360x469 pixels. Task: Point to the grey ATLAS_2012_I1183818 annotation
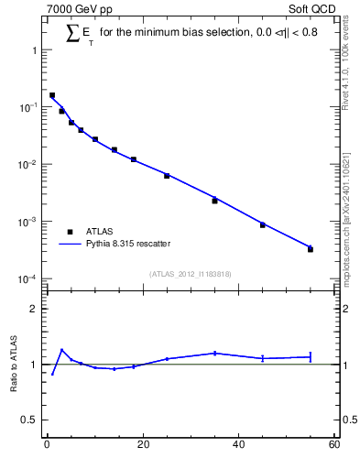[x=191, y=273]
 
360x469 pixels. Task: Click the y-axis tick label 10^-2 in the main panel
[x=31, y=165]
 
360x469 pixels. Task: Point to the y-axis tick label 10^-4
[x=31, y=279]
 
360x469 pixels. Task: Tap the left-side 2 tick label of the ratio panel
[x=38, y=309]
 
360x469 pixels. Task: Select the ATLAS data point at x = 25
[x=167, y=175]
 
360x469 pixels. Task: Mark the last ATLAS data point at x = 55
[x=311, y=249]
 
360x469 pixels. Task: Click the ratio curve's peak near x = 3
[x=61, y=350]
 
